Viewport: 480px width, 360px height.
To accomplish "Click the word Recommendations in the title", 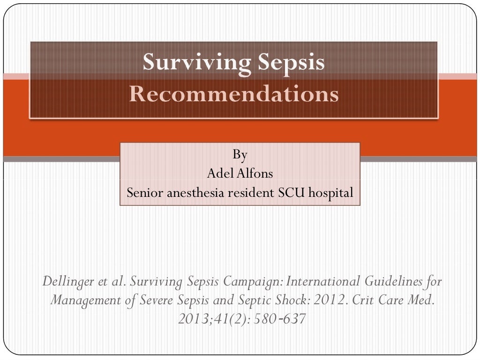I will click(x=233, y=94).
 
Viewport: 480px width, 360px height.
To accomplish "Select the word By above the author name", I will click(x=240, y=154).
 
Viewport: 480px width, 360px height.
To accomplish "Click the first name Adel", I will click(x=217, y=173).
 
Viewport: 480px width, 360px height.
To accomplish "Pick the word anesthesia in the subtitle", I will click(x=194, y=192).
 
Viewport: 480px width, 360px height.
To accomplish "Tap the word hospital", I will click(x=330, y=192).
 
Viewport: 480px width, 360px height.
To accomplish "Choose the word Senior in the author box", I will click(x=144, y=192).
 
